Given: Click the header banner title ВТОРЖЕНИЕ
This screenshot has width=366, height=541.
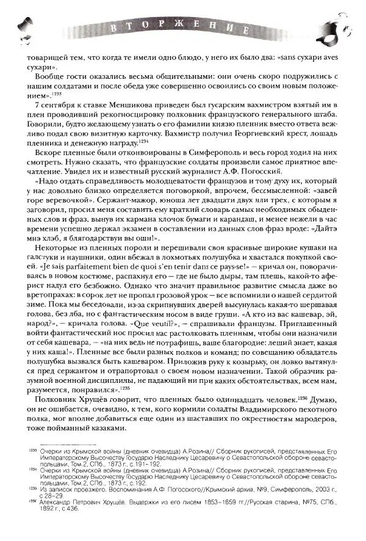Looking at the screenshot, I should point(183,29).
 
